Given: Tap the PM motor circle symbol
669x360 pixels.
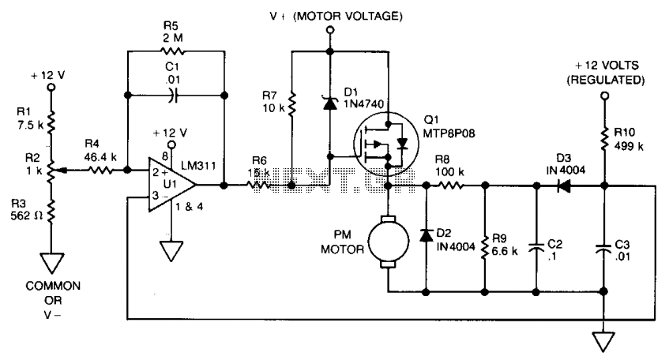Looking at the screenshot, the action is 389,242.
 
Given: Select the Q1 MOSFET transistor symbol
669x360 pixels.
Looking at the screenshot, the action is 386,144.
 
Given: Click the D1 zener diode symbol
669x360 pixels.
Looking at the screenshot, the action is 330,103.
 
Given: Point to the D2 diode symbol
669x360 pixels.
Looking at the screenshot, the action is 426,235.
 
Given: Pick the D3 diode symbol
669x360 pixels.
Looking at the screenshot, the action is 564,186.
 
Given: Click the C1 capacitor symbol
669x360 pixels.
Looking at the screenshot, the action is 172,96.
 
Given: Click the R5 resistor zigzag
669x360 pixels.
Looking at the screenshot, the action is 172,51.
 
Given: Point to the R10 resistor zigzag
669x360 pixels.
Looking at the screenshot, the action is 604,139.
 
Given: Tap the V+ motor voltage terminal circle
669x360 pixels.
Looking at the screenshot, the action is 330,30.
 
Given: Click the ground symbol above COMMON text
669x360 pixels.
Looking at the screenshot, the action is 51,263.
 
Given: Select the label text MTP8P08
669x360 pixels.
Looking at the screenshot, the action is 449,133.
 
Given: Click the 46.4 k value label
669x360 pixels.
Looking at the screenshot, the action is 100,157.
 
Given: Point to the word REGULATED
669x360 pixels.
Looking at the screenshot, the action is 606,80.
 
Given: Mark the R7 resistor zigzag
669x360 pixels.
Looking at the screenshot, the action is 291,104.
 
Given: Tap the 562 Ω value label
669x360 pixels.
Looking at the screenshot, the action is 26,216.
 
